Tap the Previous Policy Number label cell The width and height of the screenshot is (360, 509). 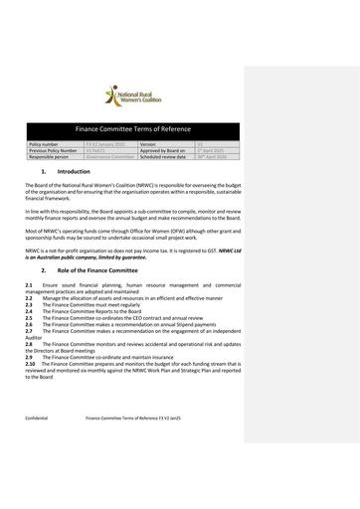point(55,150)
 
